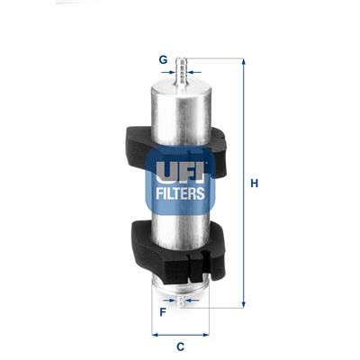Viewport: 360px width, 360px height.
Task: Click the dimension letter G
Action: pyautogui.click(x=164, y=60)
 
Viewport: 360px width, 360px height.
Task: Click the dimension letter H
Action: pyautogui.click(x=255, y=184)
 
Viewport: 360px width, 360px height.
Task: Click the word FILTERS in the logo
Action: pyautogui.click(x=180, y=192)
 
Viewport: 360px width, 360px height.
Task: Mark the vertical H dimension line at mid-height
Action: pyautogui.click(x=243, y=184)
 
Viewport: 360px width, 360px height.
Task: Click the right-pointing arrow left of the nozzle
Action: pyautogui.click(x=172, y=71)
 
